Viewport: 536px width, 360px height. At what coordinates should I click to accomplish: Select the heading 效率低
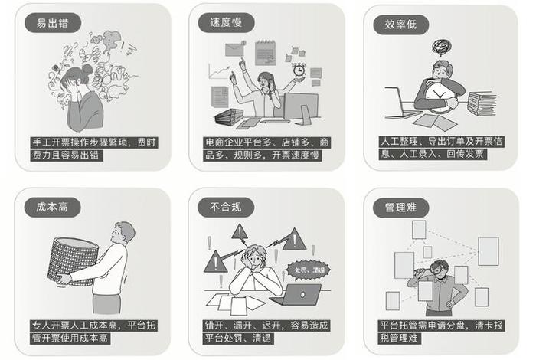point(395,23)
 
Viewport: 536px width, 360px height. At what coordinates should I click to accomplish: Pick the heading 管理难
point(395,207)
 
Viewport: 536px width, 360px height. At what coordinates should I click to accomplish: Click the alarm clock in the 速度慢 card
point(299,70)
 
